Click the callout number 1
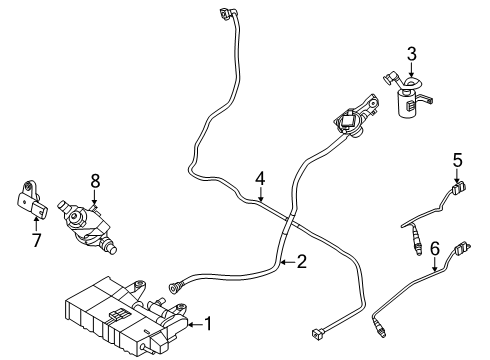pos(208,324)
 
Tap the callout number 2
pos(301,262)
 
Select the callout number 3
pos(412,54)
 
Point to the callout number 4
pos(260,179)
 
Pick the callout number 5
pos(458,160)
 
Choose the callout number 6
pos(435,249)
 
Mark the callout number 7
pos(36,240)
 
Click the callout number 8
pos(95,181)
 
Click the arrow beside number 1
pos(195,324)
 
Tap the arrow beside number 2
pos(288,263)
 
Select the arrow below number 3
pos(412,70)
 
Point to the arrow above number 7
pos(36,223)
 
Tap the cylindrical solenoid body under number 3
pos(408,103)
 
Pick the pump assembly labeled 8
pos(86,225)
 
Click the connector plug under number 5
pos(458,188)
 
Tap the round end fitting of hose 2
pos(175,286)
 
